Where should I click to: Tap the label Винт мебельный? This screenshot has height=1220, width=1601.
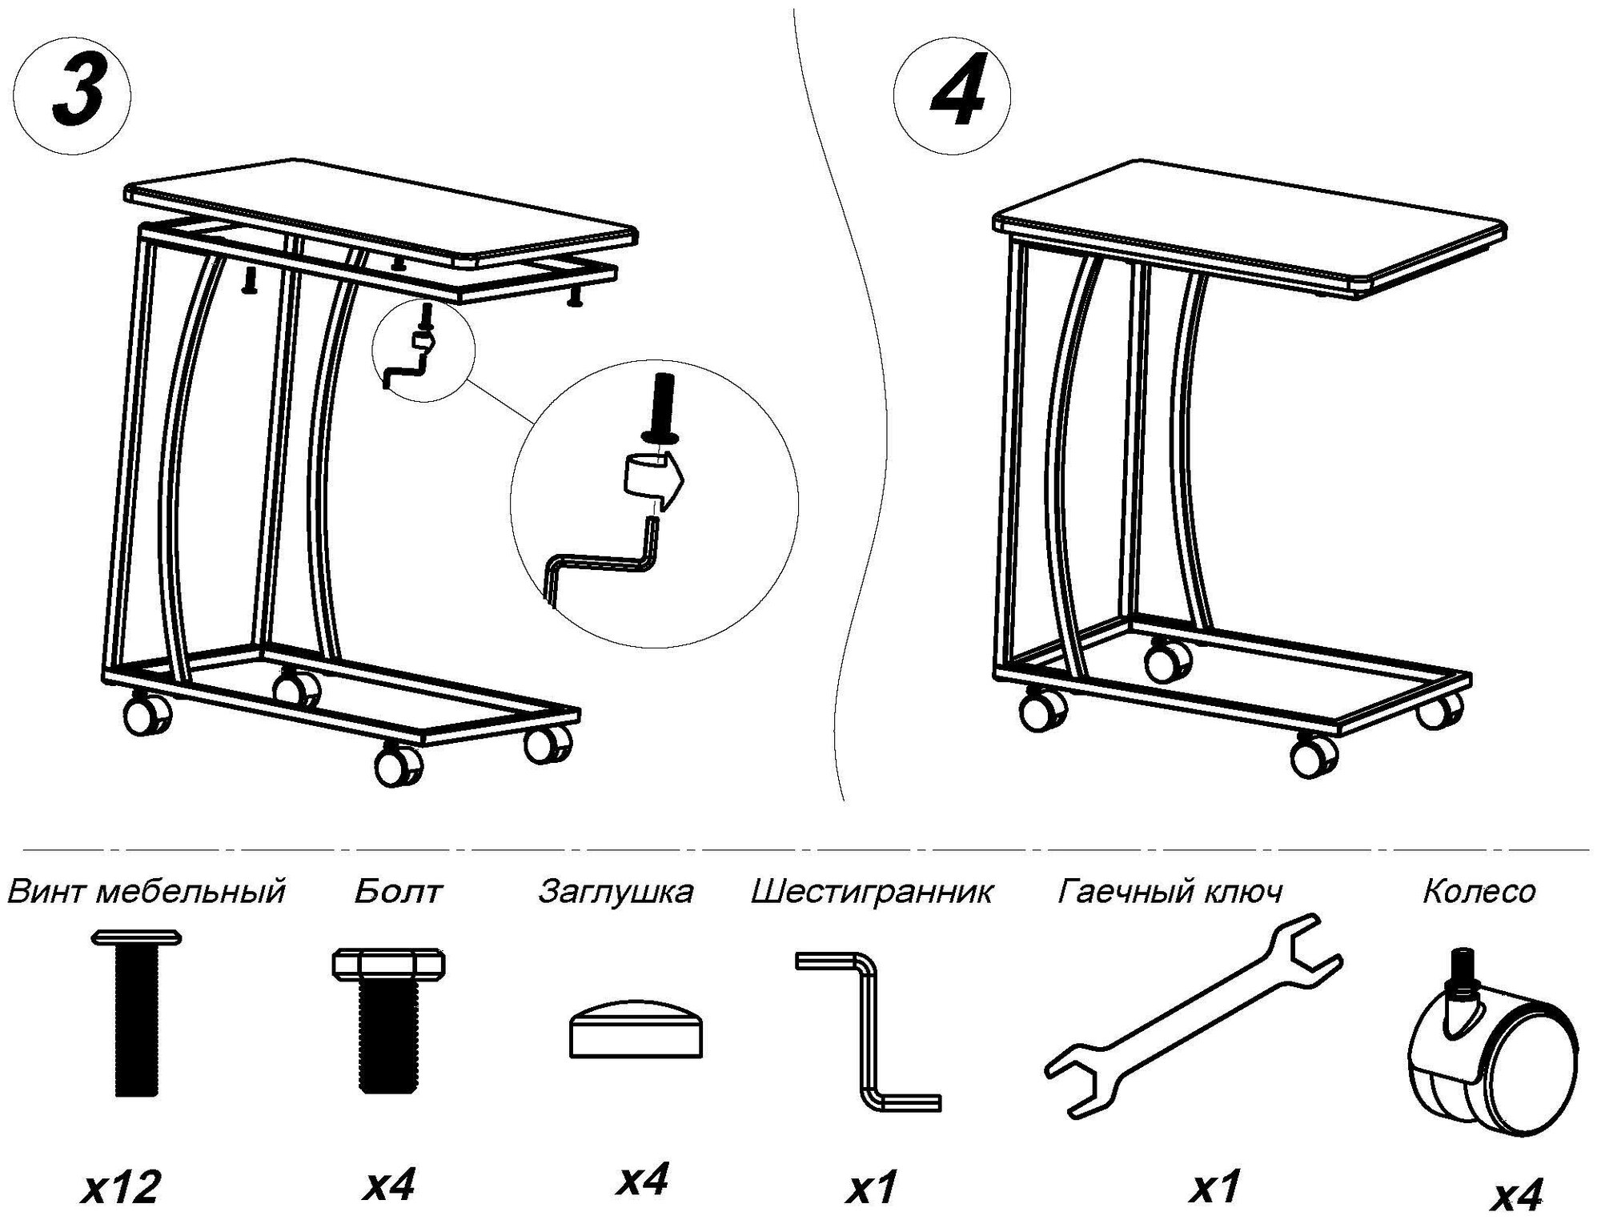146,891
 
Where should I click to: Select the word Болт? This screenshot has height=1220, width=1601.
398,891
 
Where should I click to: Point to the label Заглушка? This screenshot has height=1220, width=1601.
616,891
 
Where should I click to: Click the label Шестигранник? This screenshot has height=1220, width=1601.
872,891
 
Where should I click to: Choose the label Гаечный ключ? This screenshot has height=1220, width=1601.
1170,891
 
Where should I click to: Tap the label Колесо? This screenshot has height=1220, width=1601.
1479,891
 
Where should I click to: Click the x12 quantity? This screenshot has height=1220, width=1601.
122,1186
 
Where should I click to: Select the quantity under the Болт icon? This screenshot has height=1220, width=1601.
388,1185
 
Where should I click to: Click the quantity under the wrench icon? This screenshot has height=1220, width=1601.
1216,1186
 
